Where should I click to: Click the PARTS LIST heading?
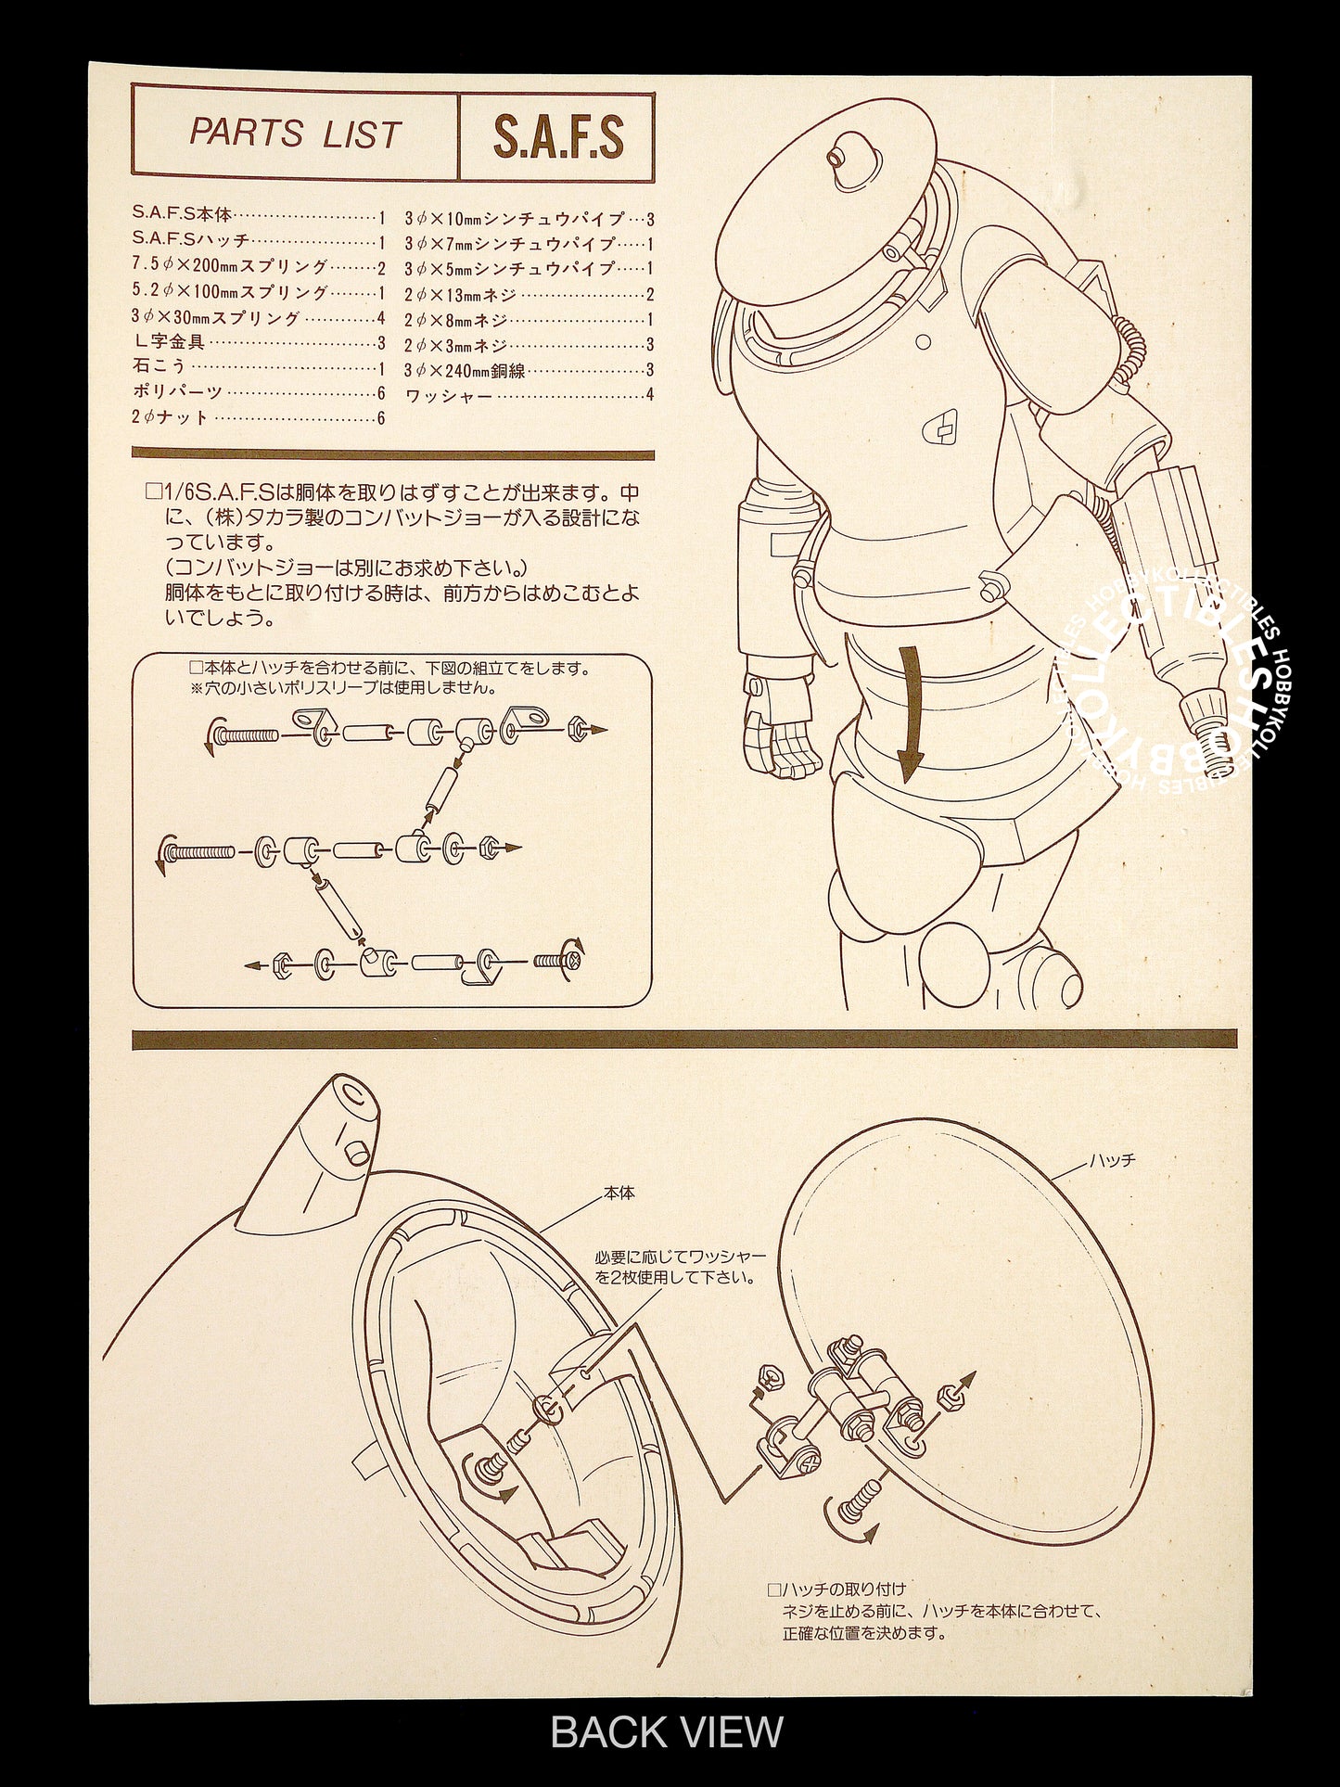pos(295,134)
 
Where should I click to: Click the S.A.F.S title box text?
pos(557,137)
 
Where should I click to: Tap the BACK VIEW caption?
pos(668,1731)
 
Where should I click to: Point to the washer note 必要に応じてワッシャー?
pos(681,1267)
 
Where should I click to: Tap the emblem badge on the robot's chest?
pos(943,426)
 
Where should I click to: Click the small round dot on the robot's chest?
pos(923,341)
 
